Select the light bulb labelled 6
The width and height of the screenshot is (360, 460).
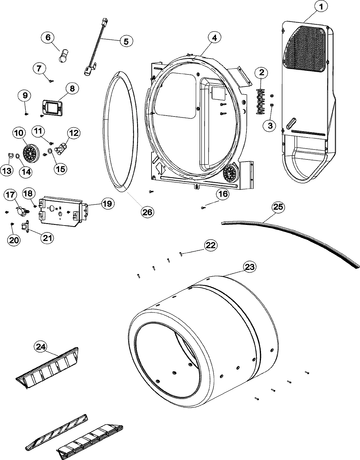[x=63, y=56]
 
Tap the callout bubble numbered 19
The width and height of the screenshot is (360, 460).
[x=107, y=204]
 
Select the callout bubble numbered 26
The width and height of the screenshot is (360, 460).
[x=148, y=212]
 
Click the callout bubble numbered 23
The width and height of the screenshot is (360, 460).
[x=250, y=267]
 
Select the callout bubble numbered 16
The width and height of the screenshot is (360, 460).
[x=223, y=194]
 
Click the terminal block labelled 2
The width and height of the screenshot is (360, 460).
[x=260, y=101]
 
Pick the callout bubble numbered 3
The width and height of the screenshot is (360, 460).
[x=270, y=126]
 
